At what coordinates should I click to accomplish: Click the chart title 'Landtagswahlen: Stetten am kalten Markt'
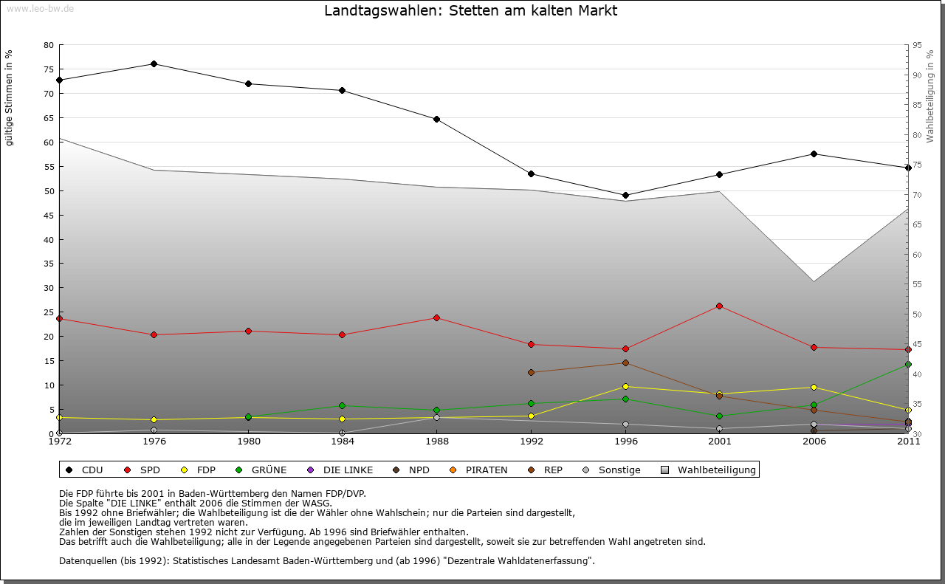471,11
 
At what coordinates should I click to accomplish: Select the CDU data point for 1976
154,63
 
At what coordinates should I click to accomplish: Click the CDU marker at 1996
625,196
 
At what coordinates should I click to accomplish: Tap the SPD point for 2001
720,306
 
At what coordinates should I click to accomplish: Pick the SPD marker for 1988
436,318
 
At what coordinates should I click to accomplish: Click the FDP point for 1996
625,386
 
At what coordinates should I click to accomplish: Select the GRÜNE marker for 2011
908,364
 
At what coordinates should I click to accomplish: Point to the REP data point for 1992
531,372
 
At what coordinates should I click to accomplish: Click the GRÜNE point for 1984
343,405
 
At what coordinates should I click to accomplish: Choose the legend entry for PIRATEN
479,470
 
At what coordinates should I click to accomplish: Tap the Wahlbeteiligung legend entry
709,470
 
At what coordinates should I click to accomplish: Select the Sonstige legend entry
612,470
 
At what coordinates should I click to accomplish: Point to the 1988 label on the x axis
436,442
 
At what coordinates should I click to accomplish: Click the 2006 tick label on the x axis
814,442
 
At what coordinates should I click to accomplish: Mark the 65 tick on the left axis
49,118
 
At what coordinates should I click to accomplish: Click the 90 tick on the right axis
916,75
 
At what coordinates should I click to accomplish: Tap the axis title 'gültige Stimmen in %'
10,97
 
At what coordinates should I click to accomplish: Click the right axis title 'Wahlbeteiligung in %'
930,96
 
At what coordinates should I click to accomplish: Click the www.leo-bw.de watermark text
40,8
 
